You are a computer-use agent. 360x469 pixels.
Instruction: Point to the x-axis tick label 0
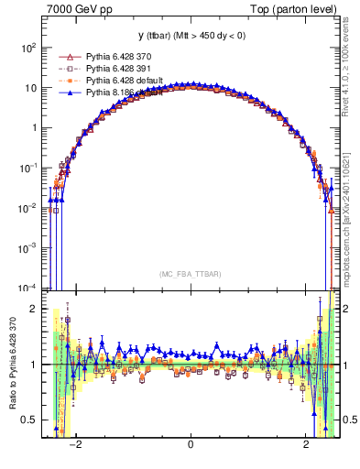coord(190,446)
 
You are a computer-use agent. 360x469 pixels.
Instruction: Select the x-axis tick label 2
coord(306,446)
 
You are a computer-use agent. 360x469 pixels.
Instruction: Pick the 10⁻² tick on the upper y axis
coord(28,207)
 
